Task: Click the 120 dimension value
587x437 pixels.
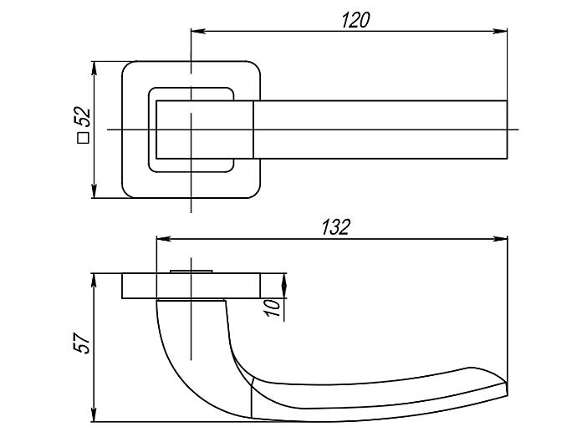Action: pos(355,20)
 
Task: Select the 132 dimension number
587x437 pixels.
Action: pos(336,227)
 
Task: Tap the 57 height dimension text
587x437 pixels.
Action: pos(81,343)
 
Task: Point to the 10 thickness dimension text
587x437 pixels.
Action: pos(273,307)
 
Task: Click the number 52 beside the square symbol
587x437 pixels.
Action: pos(82,117)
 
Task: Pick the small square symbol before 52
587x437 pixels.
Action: pos(83,138)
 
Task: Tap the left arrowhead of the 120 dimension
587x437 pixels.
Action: pos(198,31)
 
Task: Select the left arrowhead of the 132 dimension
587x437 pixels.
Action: pos(164,239)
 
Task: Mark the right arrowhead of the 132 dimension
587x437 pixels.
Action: pos(500,239)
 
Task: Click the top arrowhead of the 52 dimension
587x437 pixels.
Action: pos(94,69)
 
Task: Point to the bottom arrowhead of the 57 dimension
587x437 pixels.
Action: pos(94,414)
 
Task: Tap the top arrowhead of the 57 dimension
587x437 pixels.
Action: pos(94,282)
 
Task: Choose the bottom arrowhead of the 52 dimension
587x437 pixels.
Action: pos(94,191)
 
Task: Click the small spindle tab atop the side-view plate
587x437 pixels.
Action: pos(191,272)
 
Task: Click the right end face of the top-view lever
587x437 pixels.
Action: pos(507,130)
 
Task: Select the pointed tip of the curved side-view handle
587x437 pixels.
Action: pos(507,389)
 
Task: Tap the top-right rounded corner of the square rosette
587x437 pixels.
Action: pos(255,66)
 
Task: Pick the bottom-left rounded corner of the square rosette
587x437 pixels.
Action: pos(127,193)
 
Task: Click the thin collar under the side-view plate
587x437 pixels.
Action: pos(191,300)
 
